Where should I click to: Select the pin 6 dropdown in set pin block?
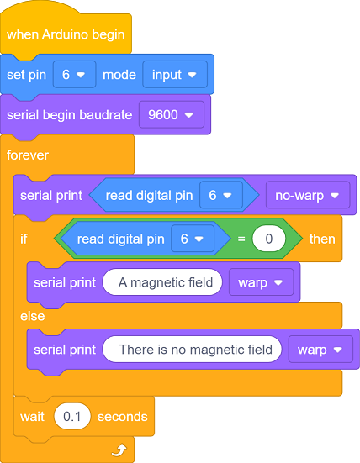click(75, 75)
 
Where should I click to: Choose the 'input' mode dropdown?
click(175, 75)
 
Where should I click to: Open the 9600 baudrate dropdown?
click(172, 115)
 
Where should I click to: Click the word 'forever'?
click(28, 155)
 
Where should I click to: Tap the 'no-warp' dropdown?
click(308, 195)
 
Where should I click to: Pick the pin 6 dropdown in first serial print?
click(221, 195)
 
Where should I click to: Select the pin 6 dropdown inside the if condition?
click(193, 239)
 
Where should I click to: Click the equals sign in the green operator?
click(241, 239)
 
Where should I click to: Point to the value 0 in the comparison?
click(269, 239)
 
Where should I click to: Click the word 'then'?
click(322, 239)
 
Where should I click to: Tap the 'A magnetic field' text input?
click(162, 282)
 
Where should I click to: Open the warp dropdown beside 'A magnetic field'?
click(262, 282)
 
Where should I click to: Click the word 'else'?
click(33, 316)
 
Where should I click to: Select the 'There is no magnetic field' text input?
click(192, 350)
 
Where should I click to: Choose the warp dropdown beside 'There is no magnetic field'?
click(320, 350)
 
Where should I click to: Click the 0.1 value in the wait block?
click(72, 416)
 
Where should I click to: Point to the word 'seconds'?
click(122, 417)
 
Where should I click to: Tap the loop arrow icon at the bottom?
click(119, 450)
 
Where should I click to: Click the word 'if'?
click(24, 239)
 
